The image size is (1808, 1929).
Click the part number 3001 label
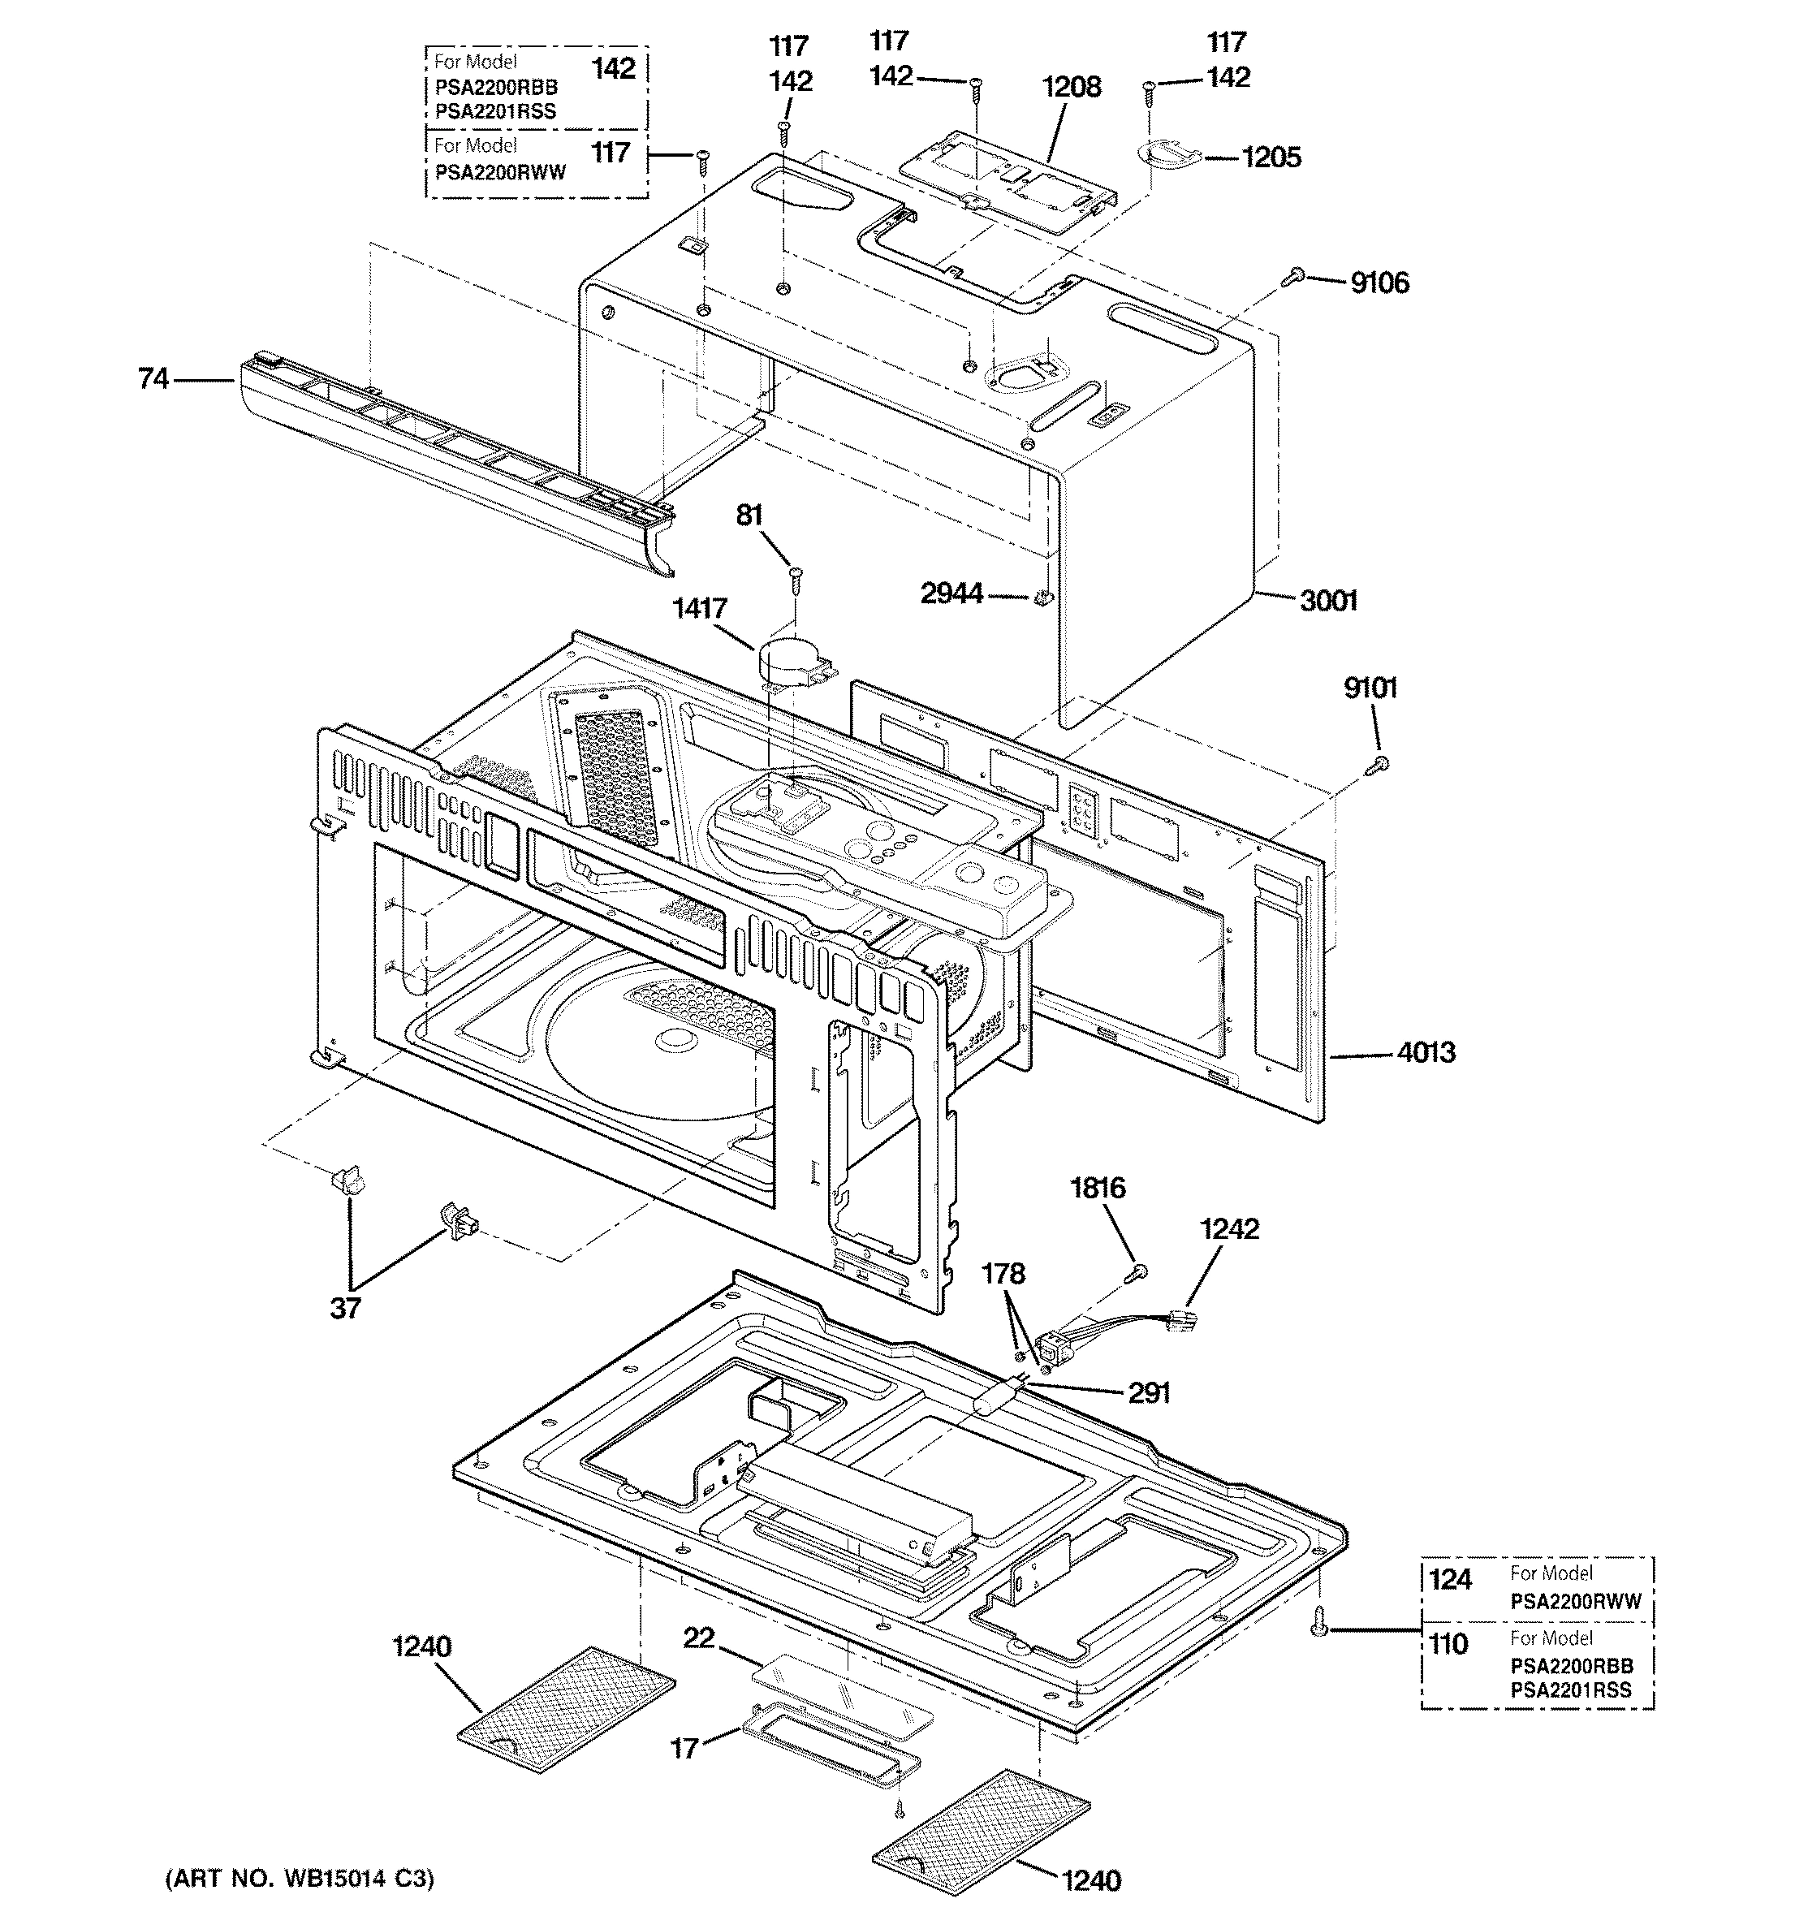(x=1327, y=601)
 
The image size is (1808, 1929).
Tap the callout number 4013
(x=1425, y=1052)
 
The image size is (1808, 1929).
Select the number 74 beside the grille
(x=153, y=378)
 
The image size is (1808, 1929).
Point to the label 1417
(x=699, y=608)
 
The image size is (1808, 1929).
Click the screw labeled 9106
(x=1292, y=278)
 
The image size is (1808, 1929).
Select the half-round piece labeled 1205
(x=1167, y=154)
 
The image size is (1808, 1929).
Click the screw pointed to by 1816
(x=1138, y=1272)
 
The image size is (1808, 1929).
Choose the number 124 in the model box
(x=1450, y=1580)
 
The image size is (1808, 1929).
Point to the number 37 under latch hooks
(x=346, y=1307)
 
